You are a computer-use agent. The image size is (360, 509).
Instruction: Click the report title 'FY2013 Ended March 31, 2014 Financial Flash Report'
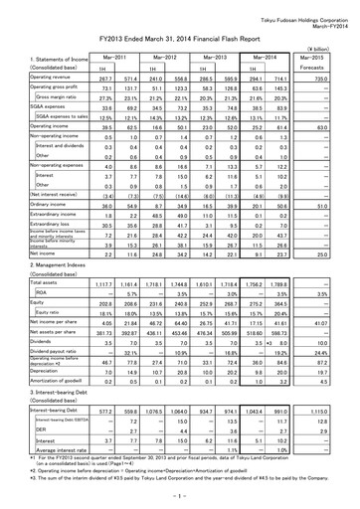tap(179, 34)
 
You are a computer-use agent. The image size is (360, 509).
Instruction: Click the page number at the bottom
tap(179, 497)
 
